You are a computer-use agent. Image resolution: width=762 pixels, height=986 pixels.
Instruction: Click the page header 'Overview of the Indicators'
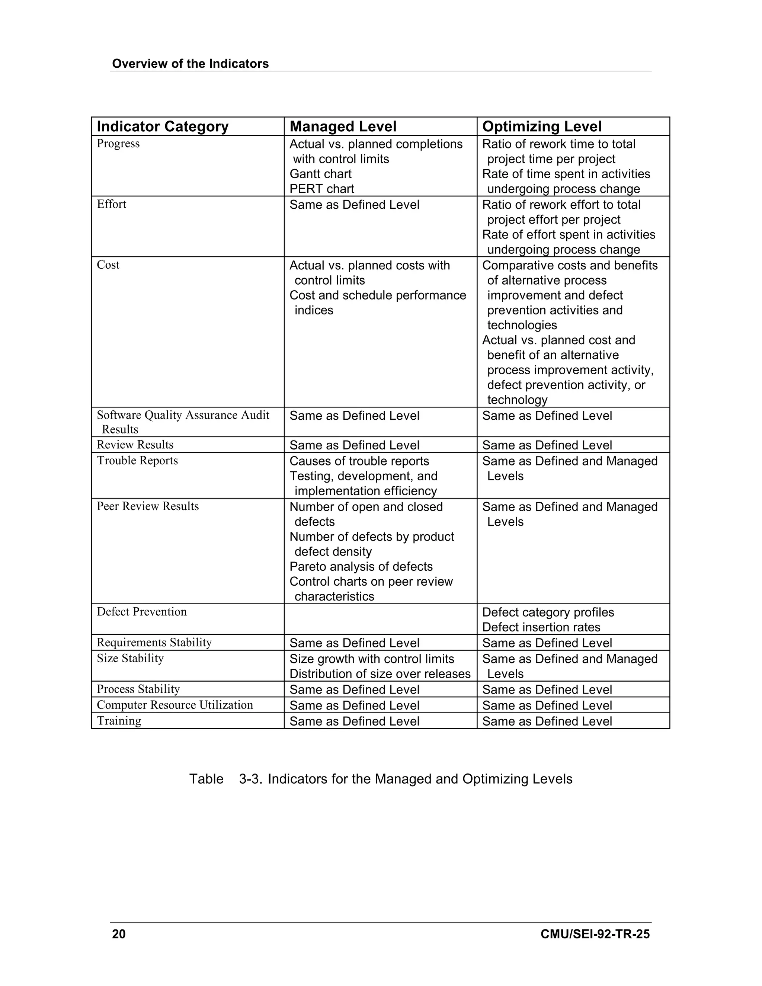(x=190, y=64)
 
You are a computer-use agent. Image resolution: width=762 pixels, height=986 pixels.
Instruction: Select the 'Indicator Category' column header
(x=163, y=127)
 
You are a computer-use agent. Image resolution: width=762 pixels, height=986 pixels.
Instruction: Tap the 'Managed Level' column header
(x=343, y=127)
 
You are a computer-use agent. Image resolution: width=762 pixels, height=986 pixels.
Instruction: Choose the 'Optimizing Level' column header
(x=542, y=127)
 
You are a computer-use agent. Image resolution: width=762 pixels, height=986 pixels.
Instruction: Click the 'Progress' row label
(x=118, y=144)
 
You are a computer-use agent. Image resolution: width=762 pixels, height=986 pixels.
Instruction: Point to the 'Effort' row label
(x=112, y=204)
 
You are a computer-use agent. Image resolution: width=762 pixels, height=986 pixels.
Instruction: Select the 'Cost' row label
(x=108, y=265)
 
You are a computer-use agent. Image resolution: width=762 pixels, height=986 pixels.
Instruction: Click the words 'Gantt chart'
(x=320, y=174)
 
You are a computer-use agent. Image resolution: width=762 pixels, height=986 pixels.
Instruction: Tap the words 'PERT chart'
(x=321, y=189)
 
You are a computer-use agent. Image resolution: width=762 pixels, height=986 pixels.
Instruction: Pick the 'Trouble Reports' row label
(x=137, y=461)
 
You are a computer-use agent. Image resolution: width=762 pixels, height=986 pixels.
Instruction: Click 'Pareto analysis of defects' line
(x=361, y=567)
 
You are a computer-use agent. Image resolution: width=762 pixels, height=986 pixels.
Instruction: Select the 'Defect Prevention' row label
(x=142, y=612)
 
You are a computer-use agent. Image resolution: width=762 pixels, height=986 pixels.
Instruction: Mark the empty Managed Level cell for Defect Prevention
(x=380, y=619)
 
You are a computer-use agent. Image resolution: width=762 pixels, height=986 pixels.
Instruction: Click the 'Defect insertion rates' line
(x=541, y=627)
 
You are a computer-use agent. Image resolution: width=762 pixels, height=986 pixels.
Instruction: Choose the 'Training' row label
(x=119, y=721)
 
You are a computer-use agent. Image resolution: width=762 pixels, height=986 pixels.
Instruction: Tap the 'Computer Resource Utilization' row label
(x=175, y=705)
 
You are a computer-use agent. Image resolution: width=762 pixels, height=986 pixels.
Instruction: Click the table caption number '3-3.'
(x=250, y=779)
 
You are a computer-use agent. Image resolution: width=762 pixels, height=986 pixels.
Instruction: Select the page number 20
(x=119, y=934)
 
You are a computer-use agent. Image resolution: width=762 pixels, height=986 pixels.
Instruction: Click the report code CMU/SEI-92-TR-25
(x=595, y=934)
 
